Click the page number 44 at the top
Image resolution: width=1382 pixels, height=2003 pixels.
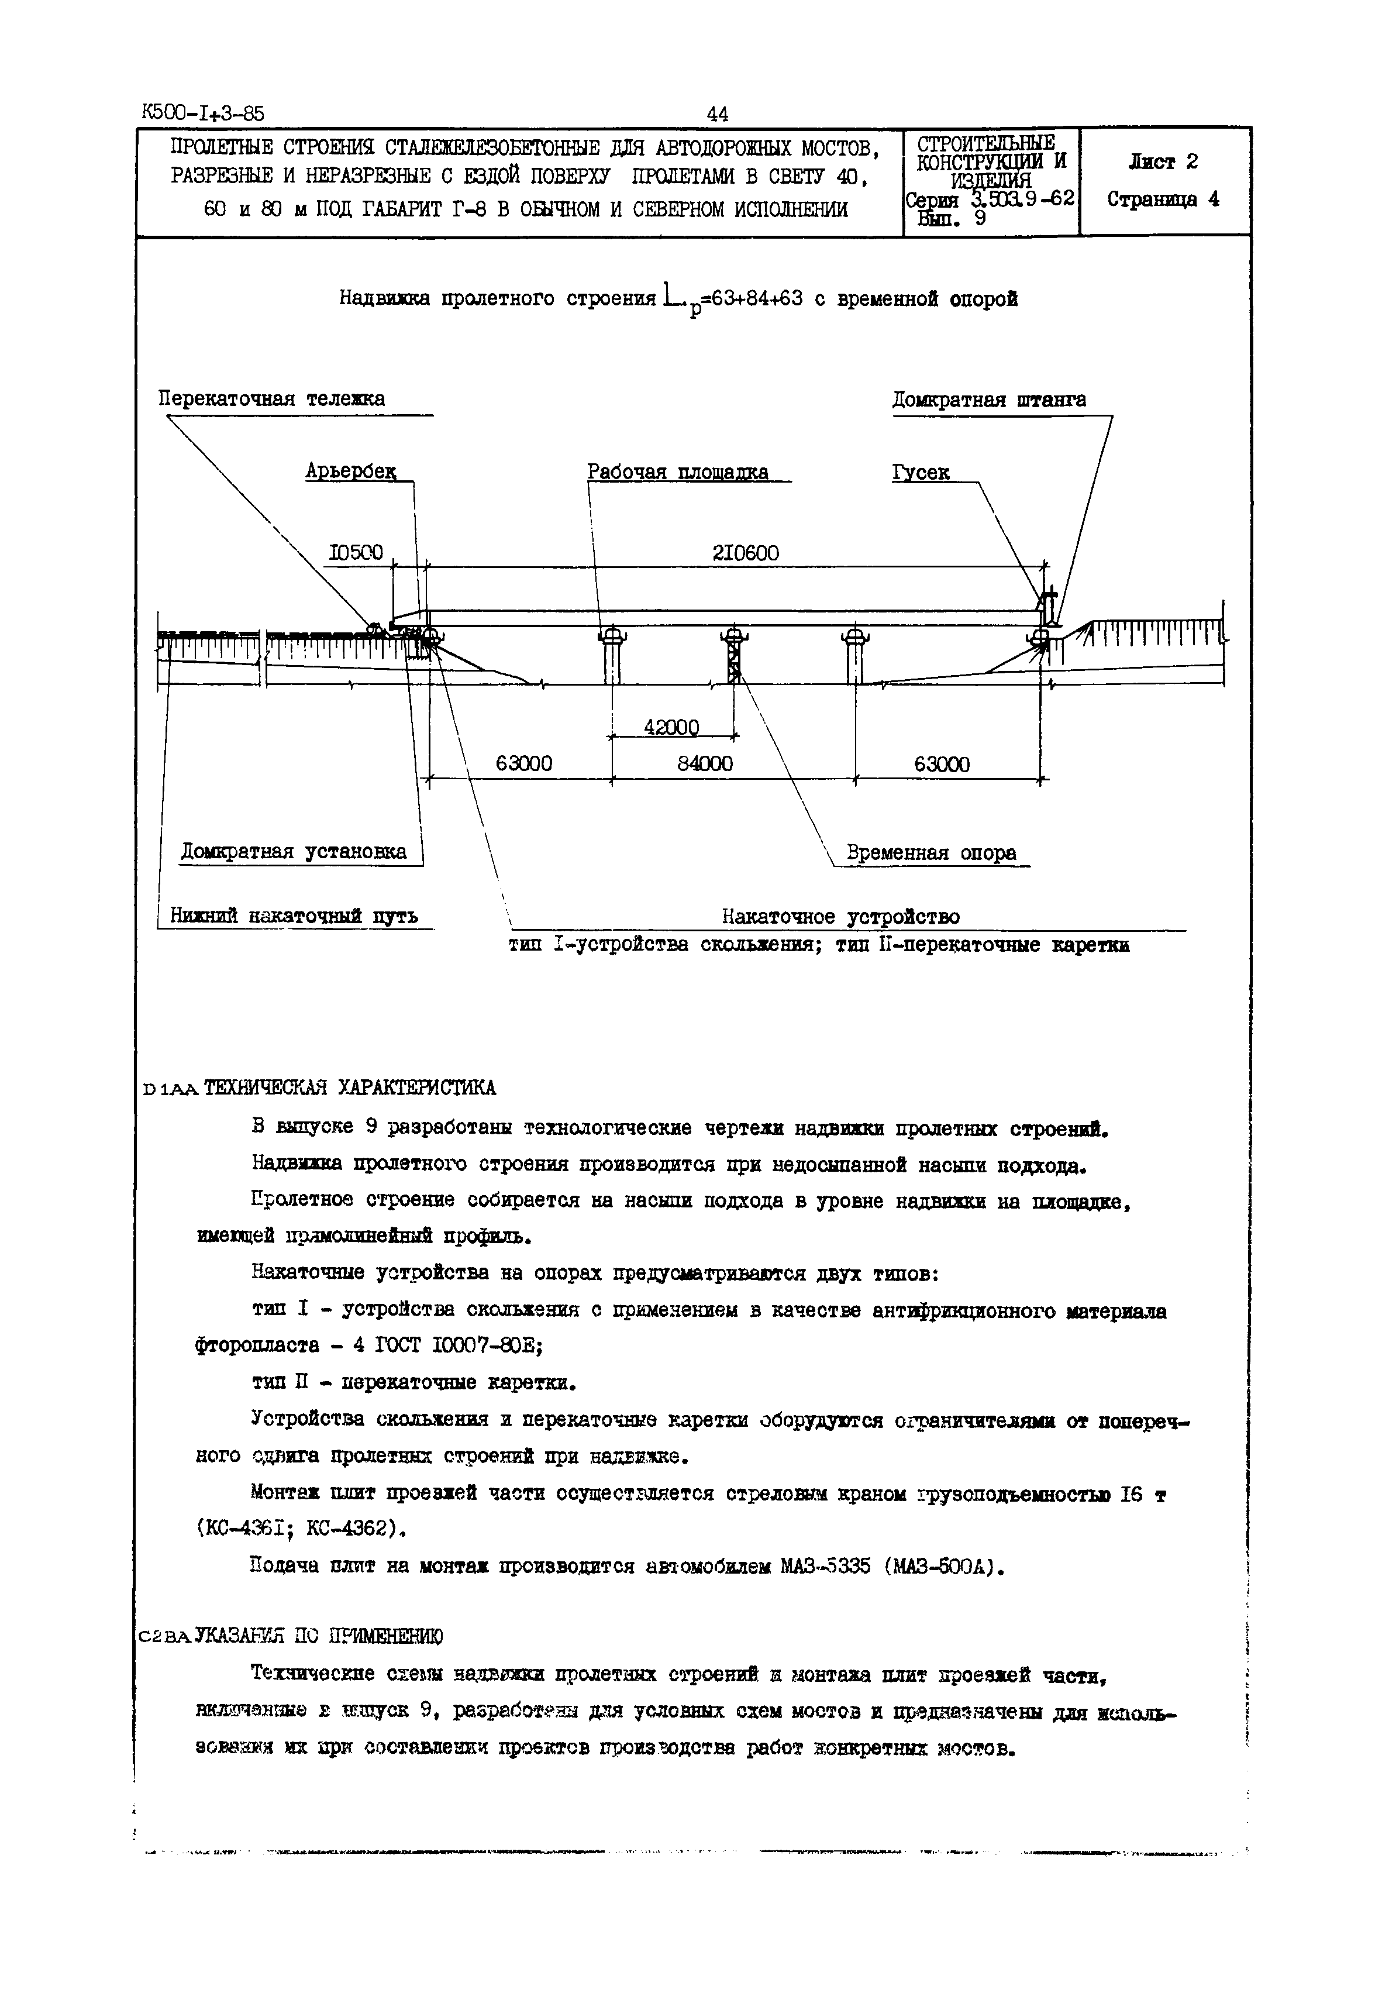pyautogui.click(x=718, y=113)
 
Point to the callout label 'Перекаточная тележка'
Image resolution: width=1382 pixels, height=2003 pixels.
pyautogui.click(x=271, y=399)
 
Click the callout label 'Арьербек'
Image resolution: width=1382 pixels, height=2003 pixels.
pyautogui.click(x=351, y=472)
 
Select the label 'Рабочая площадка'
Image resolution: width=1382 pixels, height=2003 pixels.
pyautogui.click(x=677, y=472)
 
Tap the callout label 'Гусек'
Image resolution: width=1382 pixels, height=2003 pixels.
pyautogui.click(x=921, y=473)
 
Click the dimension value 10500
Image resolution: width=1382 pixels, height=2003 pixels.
pyautogui.click(x=356, y=552)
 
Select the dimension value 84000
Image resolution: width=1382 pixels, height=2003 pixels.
pyautogui.click(x=704, y=764)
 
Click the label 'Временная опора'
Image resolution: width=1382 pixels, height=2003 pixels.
pyautogui.click(x=931, y=853)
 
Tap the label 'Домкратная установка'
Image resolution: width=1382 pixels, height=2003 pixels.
pyautogui.click(x=294, y=851)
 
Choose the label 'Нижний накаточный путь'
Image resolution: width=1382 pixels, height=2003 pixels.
pyautogui.click(x=294, y=916)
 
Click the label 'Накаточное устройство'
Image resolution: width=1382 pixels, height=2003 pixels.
pyautogui.click(x=841, y=916)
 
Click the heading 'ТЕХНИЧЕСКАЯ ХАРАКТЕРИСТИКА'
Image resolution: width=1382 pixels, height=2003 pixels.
pyautogui.click(x=349, y=1087)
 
